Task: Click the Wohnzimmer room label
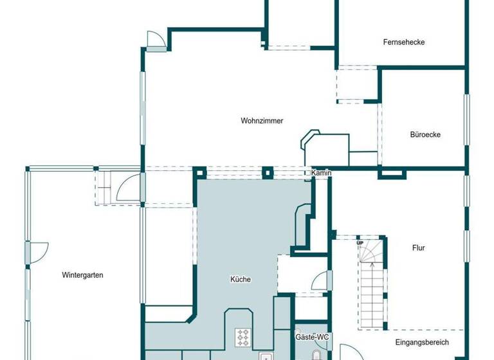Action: [262, 120]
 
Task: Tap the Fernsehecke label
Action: [403, 42]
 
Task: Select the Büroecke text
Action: [425, 135]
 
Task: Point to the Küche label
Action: [240, 279]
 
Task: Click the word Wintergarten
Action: [82, 275]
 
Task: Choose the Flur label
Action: [418, 248]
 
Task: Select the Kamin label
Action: [321, 174]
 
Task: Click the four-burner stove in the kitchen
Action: [244, 336]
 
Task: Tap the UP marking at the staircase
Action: [361, 243]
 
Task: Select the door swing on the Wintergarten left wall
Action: [37, 253]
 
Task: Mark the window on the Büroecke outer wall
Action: [468, 116]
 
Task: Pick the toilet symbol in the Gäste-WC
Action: [315, 355]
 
